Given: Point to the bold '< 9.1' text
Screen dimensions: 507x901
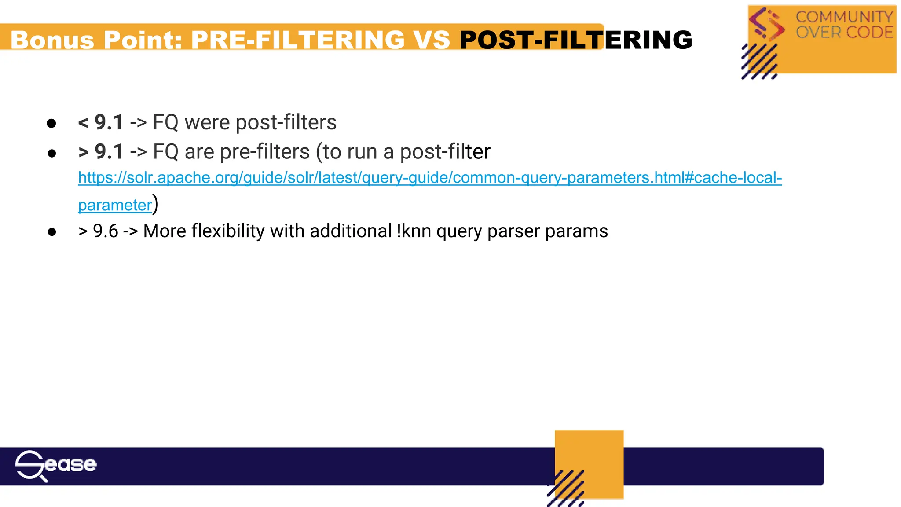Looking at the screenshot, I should coord(101,122).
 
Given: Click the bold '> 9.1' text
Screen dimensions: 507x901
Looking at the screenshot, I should coord(101,152).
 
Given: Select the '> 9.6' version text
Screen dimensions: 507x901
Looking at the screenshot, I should coord(98,231).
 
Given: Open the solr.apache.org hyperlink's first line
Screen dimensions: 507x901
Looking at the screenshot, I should coord(430,177).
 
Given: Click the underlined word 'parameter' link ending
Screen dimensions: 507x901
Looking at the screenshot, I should coord(115,205).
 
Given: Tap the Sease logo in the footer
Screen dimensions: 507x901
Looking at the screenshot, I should coord(55,465).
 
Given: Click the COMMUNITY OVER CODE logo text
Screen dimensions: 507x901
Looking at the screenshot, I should coord(844,25).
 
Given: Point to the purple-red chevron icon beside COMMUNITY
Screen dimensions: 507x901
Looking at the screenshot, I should coord(767,24).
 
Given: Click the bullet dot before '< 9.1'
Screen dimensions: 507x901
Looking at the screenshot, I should coord(51,123).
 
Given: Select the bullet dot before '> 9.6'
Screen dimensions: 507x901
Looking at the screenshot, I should coord(52,232).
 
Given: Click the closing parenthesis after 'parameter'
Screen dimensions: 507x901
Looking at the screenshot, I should coord(155,204).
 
